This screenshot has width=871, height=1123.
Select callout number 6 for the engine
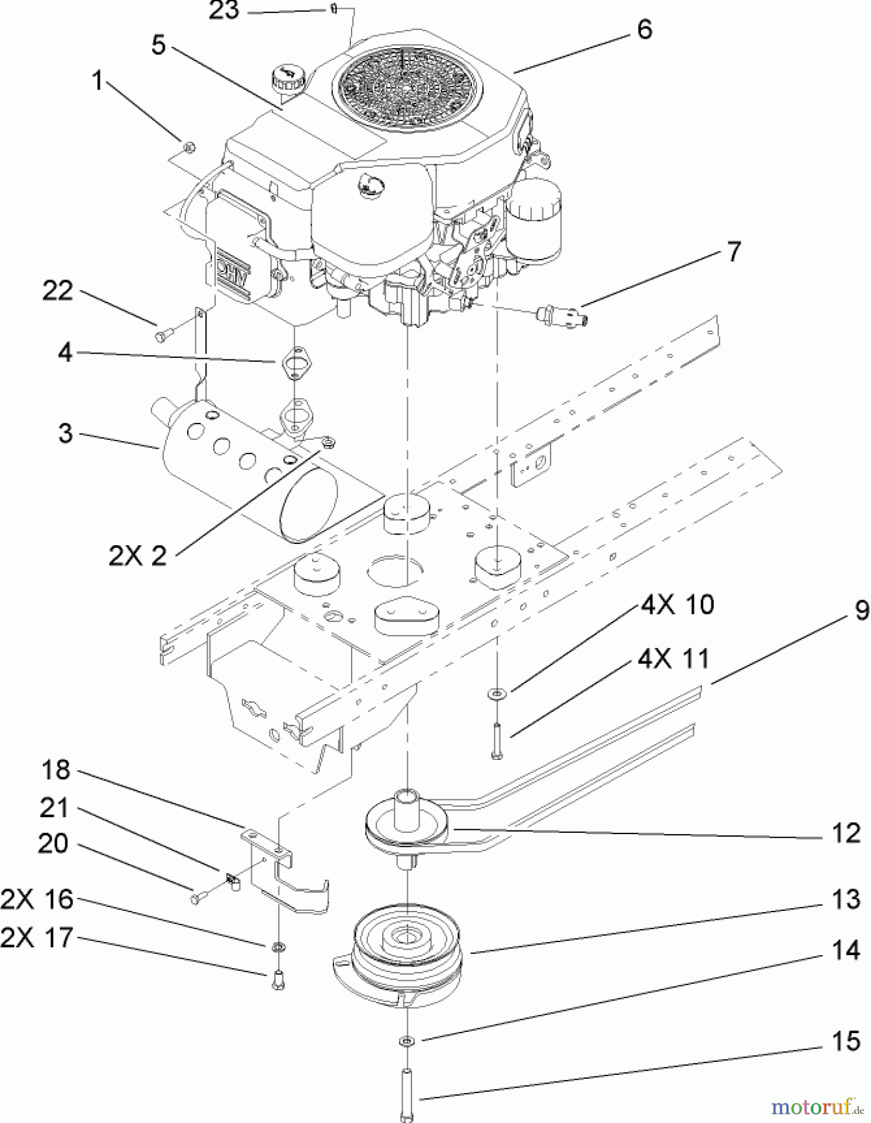click(x=644, y=29)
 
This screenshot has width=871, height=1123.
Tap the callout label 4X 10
click(x=676, y=605)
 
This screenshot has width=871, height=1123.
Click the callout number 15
click(x=845, y=1041)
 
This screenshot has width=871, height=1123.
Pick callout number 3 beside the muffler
click(x=65, y=433)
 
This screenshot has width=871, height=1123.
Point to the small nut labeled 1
click(x=190, y=147)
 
